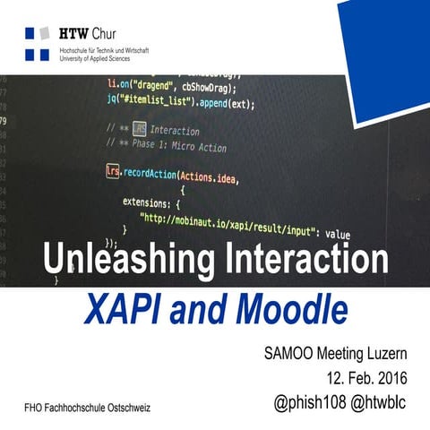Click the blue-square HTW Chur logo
pyautogui.click(x=37, y=43)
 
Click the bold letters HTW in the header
pyautogui.click(x=73, y=32)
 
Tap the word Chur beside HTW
pyautogui.click(x=105, y=32)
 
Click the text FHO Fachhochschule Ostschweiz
pyautogui.click(x=87, y=408)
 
